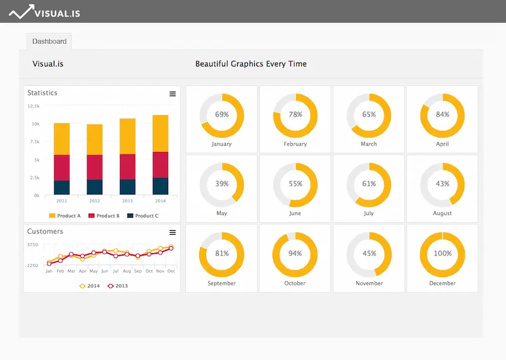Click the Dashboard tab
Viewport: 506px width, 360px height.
[49, 42]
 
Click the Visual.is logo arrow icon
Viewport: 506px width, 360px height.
[22, 11]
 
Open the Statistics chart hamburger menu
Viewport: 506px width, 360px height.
[173, 94]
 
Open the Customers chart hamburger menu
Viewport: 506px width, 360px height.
[173, 232]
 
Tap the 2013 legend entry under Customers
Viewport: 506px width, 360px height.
[117, 286]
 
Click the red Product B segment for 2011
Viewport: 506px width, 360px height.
[61, 168]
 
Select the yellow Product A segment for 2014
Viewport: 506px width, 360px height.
[161, 133]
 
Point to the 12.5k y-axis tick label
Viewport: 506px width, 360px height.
[34, 106]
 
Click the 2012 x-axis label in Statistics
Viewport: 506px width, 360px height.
[94, 201]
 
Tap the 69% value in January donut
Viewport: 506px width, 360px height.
[221, 115]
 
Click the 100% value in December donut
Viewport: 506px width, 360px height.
[442, 254]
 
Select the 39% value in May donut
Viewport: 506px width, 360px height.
[221, 184]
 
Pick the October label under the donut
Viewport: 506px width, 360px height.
[295, 283]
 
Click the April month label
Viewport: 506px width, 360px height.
[442, 144]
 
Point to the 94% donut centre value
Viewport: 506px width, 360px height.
[295, 254]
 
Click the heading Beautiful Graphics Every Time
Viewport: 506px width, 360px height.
[250, 64]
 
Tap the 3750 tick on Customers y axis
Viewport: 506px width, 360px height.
[32, 245]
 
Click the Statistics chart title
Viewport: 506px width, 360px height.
[42, 93]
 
